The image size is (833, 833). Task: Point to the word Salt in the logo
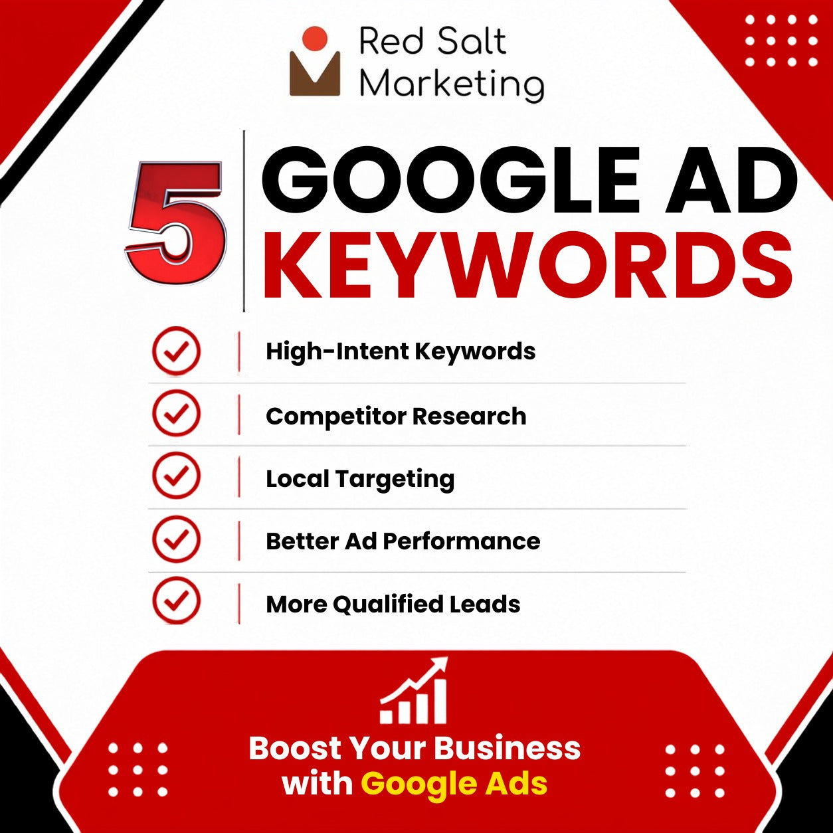(470, 41)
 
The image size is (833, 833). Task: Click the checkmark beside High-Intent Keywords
(177, 350)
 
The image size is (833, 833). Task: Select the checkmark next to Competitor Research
(177, 413)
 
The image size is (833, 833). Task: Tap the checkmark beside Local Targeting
(177, 476)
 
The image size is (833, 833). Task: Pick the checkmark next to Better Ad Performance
(177, 539)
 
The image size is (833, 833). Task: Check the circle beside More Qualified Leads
(177, 601)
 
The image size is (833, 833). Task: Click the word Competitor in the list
(336, 416)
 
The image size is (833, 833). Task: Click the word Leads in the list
(484, 604)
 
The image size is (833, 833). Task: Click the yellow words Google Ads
(454, 783)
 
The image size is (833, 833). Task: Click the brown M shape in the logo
(315, 74)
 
